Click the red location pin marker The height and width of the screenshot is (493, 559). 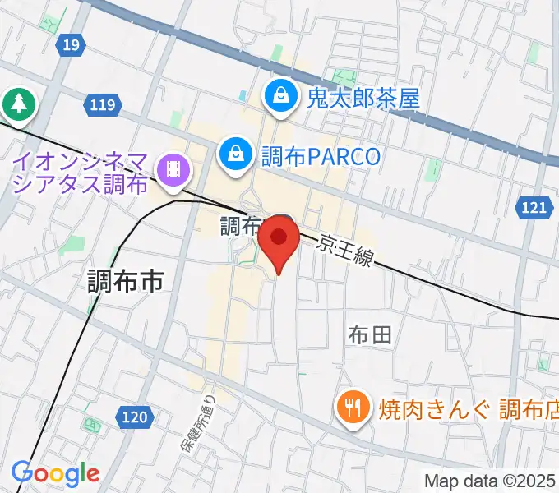(x=279, y=239)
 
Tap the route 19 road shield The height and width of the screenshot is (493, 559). (x=70, y=45)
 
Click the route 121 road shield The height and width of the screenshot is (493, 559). (x=534, y=209)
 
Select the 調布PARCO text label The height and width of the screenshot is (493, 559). (x=321, y=155)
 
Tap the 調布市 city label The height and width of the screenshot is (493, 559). (x=126, y=282)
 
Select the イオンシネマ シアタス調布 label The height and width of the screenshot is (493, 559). (x=80, y=170)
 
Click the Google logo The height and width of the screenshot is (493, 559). (x=55, y=473)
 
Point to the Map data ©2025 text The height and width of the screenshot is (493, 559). (x=490, y=481)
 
